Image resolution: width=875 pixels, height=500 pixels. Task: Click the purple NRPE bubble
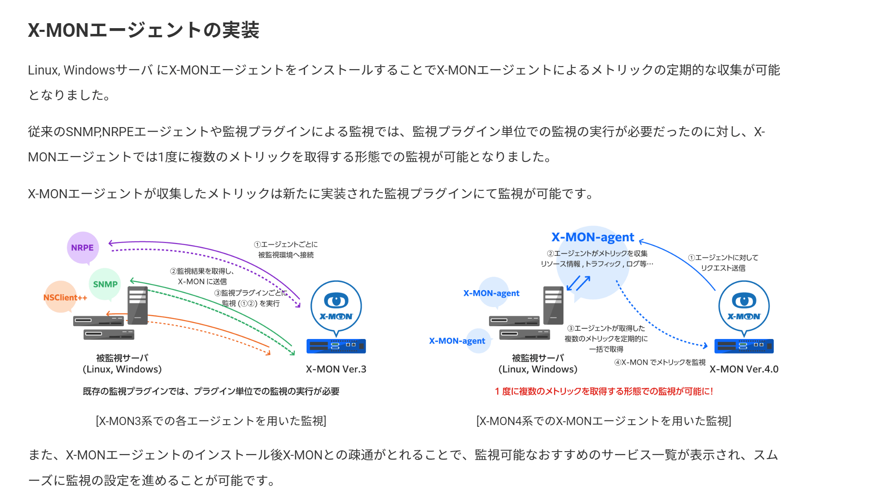[x=83, y=248]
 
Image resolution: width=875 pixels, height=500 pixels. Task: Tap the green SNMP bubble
[x=105, y=284]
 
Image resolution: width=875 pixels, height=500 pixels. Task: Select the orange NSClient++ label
[x=65, y=298]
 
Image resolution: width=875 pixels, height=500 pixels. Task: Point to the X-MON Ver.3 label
[x=336, y=369]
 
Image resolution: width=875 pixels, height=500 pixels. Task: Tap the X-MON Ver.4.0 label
[x=744, y=369]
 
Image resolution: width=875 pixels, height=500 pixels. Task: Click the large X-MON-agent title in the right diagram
[x=592, y=237]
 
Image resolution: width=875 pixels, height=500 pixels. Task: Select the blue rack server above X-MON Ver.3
[x=336, y=346]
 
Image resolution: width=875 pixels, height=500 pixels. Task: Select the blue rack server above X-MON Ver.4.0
[x=744, y=346]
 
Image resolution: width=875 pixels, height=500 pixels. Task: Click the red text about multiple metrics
[x=604, y=392]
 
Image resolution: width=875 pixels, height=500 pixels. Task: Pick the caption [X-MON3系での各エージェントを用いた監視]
[x=211, y=421]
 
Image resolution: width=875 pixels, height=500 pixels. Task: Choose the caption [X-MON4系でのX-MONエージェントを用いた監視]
[x=604, y=421]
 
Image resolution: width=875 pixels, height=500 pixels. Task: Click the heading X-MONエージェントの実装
[x=144, y=30]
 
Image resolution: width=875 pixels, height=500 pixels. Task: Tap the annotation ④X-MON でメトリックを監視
[x=659, y=363]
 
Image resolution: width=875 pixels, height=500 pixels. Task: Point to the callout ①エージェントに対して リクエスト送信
[x=723, y=263]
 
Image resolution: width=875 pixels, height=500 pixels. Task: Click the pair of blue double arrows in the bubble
[x=578, y=284]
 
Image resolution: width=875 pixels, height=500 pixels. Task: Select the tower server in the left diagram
[x=138, y=305]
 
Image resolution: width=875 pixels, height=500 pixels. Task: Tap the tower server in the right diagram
[x=553, y=305]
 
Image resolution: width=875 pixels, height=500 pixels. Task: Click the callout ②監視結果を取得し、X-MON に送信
[x=202, y=276]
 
